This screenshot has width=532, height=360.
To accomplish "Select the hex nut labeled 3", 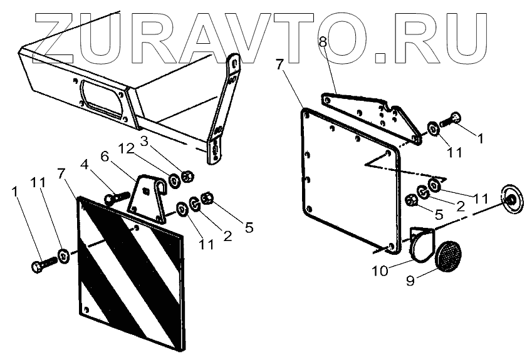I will pyautogui.click(x=187, y=174).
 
